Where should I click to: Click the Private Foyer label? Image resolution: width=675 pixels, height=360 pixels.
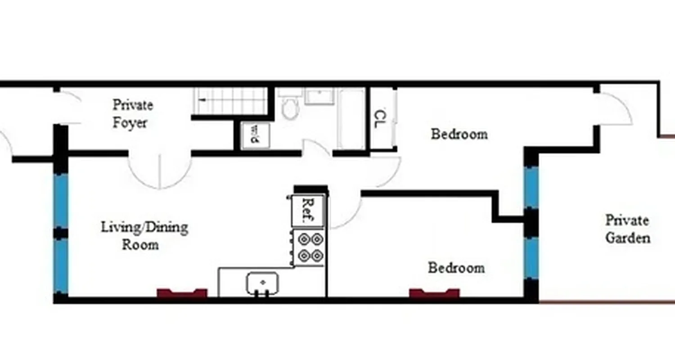point(132,114)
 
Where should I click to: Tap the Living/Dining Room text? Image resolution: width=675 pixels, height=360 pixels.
point(144,235)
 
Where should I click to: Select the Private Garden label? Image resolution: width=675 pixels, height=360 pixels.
point(627,229)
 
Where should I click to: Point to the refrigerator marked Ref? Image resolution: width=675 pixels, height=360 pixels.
point(307,210)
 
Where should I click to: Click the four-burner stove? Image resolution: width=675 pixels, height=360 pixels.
point(309,247)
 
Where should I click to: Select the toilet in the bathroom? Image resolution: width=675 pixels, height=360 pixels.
point(290,108)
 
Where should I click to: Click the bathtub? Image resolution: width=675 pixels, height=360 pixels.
point(351,119)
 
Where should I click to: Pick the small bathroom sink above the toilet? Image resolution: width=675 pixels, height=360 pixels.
point(319,96)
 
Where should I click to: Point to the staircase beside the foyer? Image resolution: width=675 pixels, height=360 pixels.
point(230,101)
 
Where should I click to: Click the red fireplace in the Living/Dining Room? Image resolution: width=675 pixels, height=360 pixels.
point(182,293)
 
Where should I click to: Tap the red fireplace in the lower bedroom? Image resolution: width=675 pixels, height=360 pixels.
point(434,293)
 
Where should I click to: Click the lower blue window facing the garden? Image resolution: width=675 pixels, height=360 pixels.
point(531,258)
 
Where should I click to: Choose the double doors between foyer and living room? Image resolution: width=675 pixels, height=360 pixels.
point(160,171)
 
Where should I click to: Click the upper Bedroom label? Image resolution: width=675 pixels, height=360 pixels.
point(459,134)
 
